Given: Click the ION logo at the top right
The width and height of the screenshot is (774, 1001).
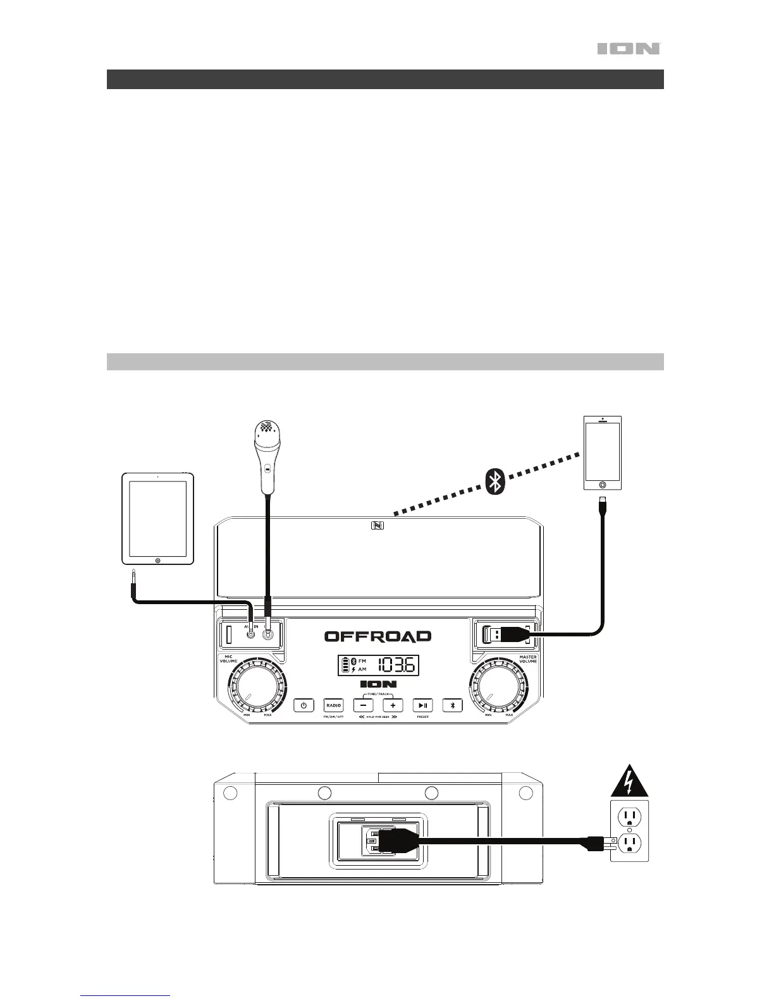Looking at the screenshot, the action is point(629,49).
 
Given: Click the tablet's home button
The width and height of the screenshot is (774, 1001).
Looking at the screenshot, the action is point(157,560).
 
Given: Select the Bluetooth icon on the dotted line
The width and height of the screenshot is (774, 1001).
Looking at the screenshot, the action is point(497,483).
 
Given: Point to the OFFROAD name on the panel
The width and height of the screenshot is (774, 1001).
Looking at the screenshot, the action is point(378,636).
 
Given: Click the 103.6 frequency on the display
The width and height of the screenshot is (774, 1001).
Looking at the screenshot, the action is point(396,665).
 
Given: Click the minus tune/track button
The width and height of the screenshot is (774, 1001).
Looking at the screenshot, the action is point(363,705).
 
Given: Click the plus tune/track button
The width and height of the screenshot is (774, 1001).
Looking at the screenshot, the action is point(393,705).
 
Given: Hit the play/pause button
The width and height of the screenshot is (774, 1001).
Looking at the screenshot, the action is point(423,705).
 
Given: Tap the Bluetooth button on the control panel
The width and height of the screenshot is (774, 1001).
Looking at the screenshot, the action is point(453,705).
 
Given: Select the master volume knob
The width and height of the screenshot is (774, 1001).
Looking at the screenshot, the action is point(498,688).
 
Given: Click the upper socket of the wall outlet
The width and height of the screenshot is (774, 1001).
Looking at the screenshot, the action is point(629,818).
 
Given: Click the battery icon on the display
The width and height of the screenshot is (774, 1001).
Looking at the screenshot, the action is point(345,665).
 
